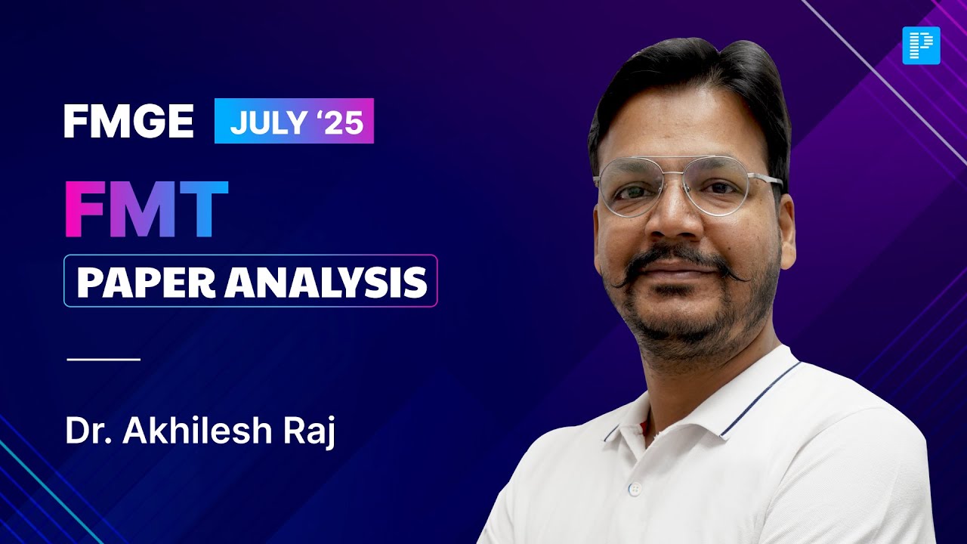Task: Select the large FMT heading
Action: tap(146, 209)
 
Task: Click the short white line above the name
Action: tap(103, 359)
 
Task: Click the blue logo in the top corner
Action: tap(921, 45)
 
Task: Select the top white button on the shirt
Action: tap(635, 488)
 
